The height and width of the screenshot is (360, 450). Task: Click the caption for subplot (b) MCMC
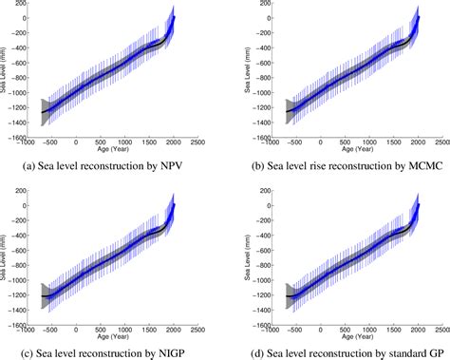338,170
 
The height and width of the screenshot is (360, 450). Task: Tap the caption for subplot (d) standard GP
338,353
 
